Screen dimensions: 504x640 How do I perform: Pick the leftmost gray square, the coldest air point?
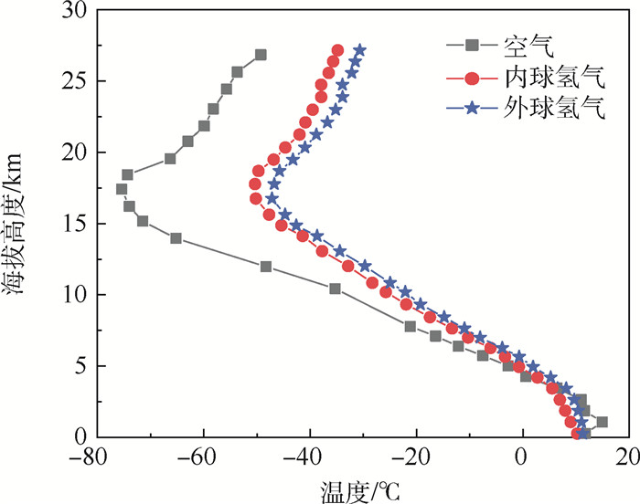(x=122, y=190)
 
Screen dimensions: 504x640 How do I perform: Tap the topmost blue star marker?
(x=359, y=50)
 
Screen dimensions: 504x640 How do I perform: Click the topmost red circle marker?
(x=337, y=50)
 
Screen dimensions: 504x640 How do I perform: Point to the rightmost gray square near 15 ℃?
(x=601, y=422)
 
